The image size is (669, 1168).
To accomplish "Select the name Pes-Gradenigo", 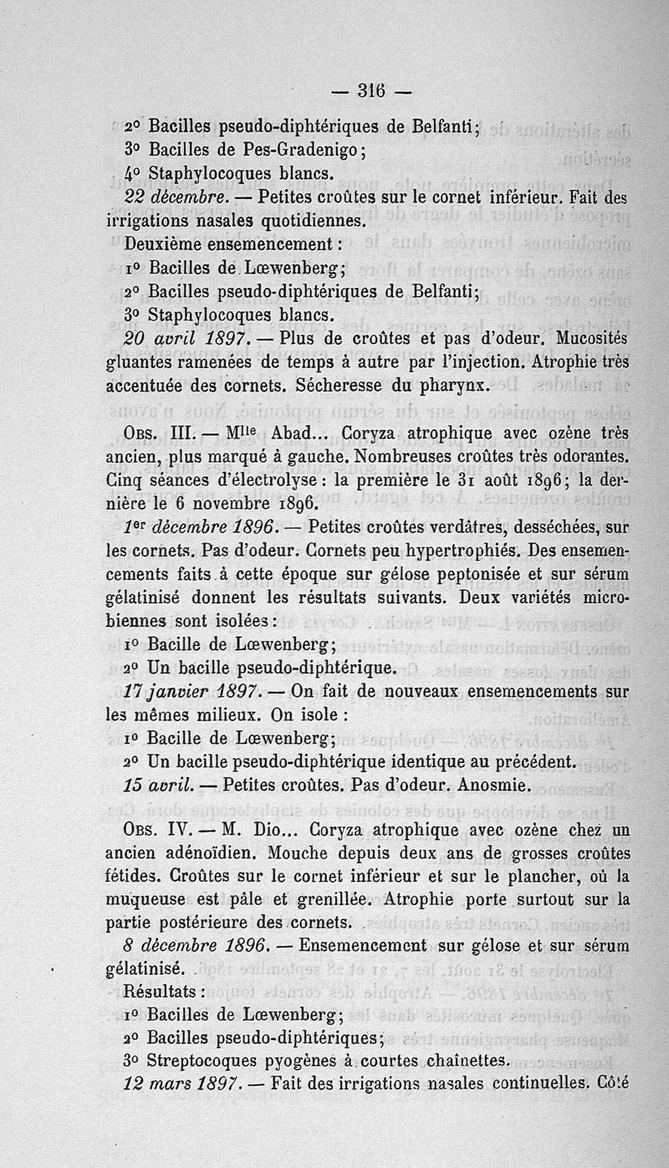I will (299, 151).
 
